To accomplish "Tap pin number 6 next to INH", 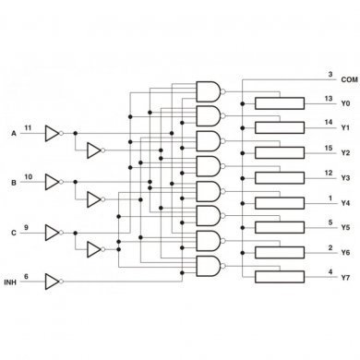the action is [26, 271].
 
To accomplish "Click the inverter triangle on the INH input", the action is [53, 277].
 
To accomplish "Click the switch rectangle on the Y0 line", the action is [280, 103].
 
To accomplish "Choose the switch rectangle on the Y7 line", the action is [280, 278].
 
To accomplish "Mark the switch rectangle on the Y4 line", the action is [280, 203].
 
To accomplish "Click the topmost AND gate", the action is [210, 90].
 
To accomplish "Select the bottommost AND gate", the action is [210, 266].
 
